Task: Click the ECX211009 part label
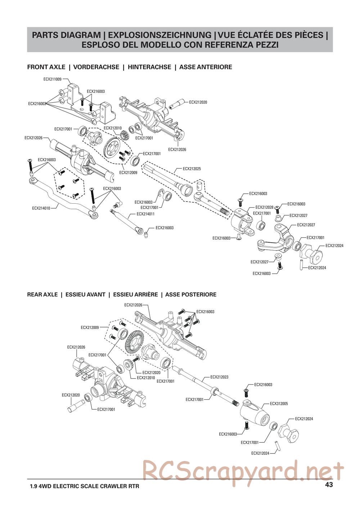point(52,79)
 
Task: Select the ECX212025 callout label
point(192,168)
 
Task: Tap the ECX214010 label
point(41,208)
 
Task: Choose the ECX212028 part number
point(264,207)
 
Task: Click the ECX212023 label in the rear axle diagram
point(219,377)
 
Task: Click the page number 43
point(329,484)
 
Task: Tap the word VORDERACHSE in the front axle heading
point(96,67)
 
